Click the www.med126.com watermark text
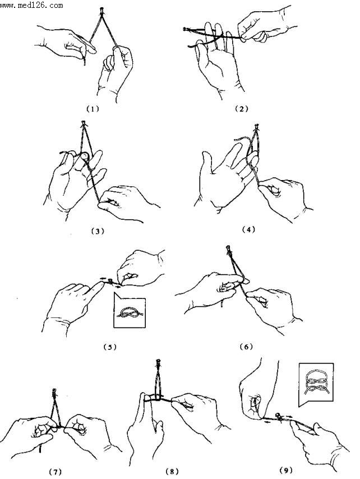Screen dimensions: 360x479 point(31,5)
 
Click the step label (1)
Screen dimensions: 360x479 point(93,109)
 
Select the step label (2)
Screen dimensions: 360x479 point(241,109)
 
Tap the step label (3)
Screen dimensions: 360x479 point(98,231)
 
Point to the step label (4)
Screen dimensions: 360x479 point(248,229)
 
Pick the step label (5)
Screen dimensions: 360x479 point(110,347)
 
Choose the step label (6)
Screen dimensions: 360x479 point(246,347)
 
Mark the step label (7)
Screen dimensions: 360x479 point(56,472)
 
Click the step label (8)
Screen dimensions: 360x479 point(172,471)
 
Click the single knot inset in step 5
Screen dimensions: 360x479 point(130,310)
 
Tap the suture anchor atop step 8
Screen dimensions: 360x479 point(158,362)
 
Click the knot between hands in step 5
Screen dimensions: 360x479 point(110,281)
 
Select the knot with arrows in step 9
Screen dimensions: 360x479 point(279,416)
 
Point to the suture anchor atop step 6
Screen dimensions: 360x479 point(228,249)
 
